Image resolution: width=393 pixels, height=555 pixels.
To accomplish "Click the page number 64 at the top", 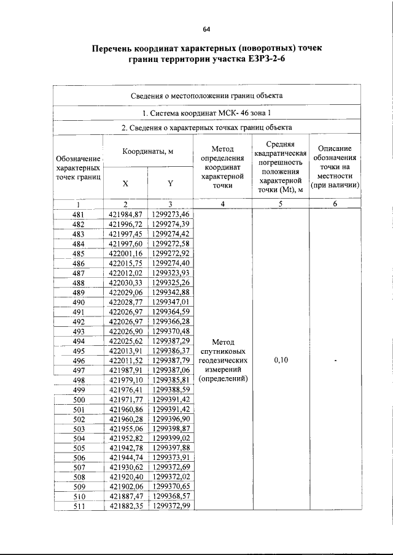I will tap(207, 29).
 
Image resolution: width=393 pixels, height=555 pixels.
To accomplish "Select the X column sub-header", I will tap(125, 183).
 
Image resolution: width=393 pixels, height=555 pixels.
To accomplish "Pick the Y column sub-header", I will tap(170, 183).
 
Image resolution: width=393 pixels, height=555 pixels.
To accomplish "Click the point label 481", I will tap(79, 214).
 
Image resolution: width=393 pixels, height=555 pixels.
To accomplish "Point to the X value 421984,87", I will tap(125, 214).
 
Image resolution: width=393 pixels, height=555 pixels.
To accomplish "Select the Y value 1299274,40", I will tap(170, 263).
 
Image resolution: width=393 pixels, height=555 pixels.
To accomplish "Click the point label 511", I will tap(79, 506).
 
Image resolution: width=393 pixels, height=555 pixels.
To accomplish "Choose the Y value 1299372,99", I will tap(170, 506).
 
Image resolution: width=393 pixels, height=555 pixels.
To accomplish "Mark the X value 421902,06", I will tap(125, 487).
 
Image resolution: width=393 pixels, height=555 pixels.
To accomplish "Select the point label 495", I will tap(79, 351).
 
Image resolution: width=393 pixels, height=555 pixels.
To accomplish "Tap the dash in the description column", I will tap(335, 361).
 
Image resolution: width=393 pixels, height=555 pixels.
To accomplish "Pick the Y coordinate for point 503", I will tap(170, 429).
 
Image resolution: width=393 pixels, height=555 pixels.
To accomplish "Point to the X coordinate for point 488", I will tap(125, 282).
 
